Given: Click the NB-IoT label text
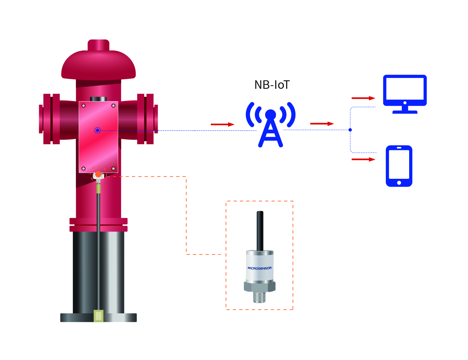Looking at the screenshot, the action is coord(272,85).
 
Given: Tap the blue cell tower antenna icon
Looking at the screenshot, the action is coord(271,125).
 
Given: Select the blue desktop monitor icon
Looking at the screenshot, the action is coord(405,94).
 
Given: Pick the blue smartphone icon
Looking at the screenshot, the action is coord(399,166).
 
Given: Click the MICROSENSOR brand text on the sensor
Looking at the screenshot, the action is coord(260,268).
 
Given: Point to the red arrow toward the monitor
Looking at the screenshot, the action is coord(363,98).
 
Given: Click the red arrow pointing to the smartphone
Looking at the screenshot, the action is coord(363,159).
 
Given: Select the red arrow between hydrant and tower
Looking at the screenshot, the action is coord(223,124).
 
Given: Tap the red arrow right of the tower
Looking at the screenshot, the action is coord(322,124).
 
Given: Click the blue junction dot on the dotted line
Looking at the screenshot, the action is coord(350,130).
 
